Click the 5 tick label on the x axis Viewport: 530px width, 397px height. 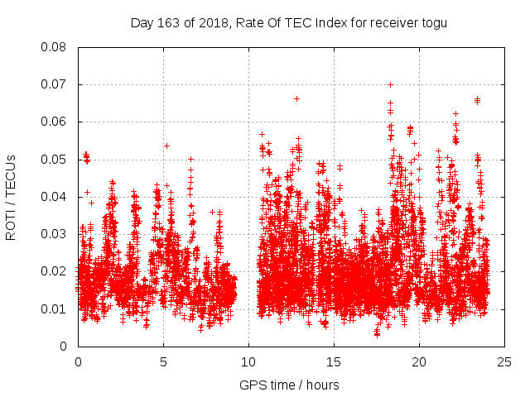click(163, 361)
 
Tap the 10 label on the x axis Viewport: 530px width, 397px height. click(248, 361)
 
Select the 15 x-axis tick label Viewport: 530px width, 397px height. click(334, 361)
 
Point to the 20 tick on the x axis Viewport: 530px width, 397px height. click(419, 361)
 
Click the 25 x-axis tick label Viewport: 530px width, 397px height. click(504, 361)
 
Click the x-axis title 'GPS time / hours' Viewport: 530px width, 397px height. click(290, 385)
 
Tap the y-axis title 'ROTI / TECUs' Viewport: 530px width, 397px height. click(11, 197)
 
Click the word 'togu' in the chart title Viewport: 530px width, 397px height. click(434, 23)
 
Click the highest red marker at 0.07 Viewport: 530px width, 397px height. click(390, 84)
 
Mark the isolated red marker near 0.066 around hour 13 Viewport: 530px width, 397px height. click(296, 98)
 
